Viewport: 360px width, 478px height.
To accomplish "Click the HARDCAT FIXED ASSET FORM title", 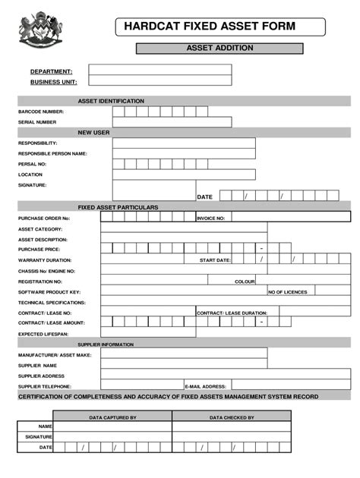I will [219, 27].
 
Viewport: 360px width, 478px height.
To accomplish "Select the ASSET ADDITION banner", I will [219, 49].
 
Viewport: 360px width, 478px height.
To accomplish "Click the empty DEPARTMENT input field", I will [159, 70].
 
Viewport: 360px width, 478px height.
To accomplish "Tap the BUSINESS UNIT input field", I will [159, 81].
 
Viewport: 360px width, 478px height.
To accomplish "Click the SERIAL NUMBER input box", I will [172, 122].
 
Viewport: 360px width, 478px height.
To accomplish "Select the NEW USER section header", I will [94, 132].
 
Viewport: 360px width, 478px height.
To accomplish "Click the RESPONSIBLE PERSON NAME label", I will [52, 153].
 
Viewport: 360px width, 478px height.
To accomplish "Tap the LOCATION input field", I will [184, 175].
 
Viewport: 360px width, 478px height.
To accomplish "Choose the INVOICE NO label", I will [210, 218].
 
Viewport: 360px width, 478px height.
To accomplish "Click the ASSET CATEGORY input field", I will [226, 228].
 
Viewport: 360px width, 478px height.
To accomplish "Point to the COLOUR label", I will [245, 281].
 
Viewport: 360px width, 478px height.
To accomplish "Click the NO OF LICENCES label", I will [287, 291].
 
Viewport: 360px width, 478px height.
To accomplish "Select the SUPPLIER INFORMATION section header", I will [106, 344].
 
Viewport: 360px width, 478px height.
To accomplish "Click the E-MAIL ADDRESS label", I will [206, 385].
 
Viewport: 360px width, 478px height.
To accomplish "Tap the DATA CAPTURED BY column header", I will [112, 417].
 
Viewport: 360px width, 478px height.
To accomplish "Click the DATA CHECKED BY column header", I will [232, 417].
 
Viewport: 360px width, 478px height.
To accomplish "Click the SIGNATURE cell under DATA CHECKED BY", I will [232, 437].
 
